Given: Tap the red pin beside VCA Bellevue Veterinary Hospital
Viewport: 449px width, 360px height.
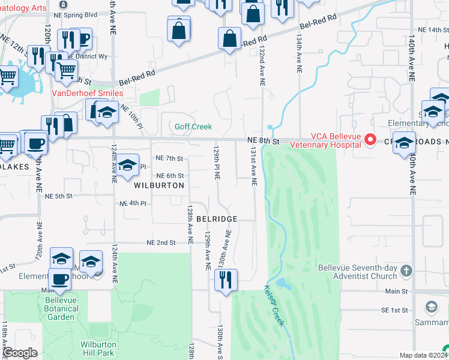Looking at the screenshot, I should (370, 140).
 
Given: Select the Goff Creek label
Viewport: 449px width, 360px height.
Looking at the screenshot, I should (193, 127).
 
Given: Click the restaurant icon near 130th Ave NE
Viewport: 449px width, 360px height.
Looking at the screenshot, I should (226, 281).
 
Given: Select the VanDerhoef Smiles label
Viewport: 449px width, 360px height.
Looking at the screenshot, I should (88, 93).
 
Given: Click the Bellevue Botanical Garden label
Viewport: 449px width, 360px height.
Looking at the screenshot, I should (62, 308).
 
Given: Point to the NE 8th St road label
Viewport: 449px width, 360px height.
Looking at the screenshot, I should (264, 141).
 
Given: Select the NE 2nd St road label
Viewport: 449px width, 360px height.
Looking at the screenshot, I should (161, 242).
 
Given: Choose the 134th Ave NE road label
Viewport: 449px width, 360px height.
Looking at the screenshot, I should (298, 53).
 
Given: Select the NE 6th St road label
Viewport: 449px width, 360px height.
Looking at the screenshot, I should (169, 175).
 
